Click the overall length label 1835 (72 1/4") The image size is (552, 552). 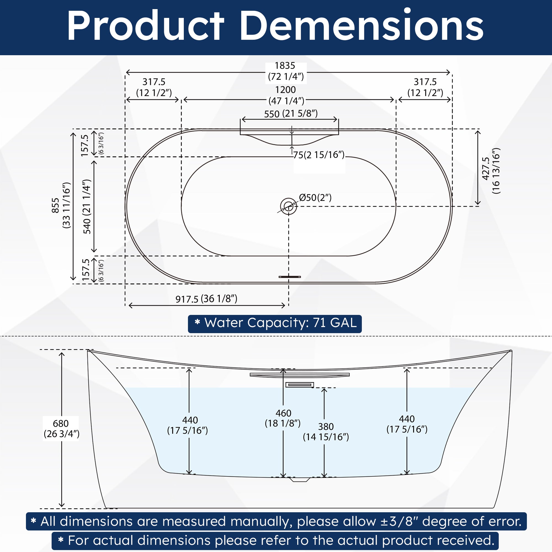(x=286, y=71)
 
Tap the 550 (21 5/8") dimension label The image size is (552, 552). (x=291, y=114)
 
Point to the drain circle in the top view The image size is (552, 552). (x=288, y=206)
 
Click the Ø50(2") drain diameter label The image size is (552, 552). (x=315, y=197)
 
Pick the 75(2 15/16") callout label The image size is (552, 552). (x=319, y=155)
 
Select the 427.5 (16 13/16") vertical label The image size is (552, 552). (x=492, y=171)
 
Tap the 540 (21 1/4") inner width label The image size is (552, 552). (x=87, y=206)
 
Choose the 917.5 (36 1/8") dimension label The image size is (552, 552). (x=206, y=299)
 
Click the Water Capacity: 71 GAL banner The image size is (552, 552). (x=275, y=324)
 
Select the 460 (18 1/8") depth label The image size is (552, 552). (x=283, y=418)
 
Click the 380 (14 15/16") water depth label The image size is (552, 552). (x=326, y=432)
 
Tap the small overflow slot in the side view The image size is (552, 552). (x=300, y=385)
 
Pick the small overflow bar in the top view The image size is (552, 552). (x=290, y=277)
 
